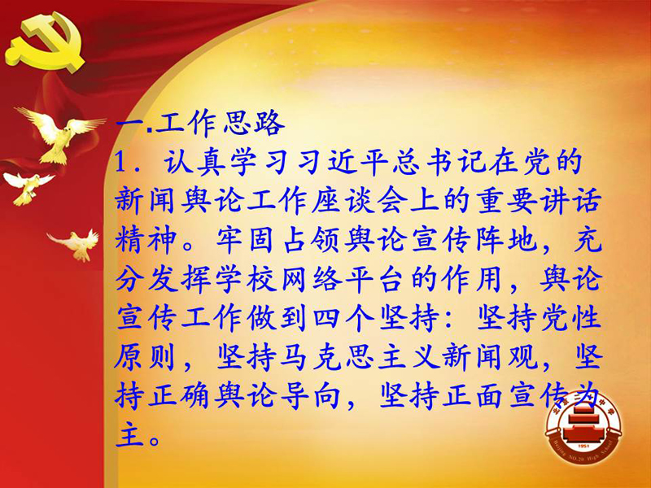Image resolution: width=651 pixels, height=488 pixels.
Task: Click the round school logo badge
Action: (583, 428)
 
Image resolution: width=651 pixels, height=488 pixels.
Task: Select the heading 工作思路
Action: (221, 124)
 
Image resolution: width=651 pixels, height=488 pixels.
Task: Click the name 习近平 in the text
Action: (330, 162)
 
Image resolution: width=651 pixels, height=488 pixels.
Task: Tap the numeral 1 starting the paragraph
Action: (120, 162)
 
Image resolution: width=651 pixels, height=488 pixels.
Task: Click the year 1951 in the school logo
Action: (583, 446)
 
